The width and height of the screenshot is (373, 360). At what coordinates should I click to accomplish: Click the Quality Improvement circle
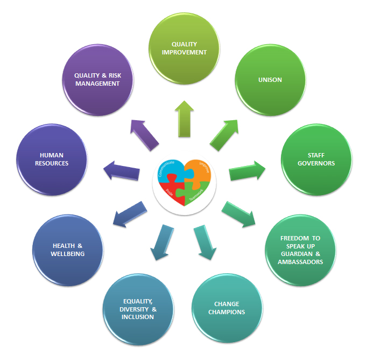pos(185,49)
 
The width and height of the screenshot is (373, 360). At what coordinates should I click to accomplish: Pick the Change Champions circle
pos(226,308)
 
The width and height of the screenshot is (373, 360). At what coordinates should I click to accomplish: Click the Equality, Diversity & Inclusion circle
pos(138,309)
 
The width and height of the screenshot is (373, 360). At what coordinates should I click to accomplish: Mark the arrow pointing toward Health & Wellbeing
pos(129,213)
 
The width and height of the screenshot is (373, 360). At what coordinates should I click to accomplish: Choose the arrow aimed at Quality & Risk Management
pos(145,134)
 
